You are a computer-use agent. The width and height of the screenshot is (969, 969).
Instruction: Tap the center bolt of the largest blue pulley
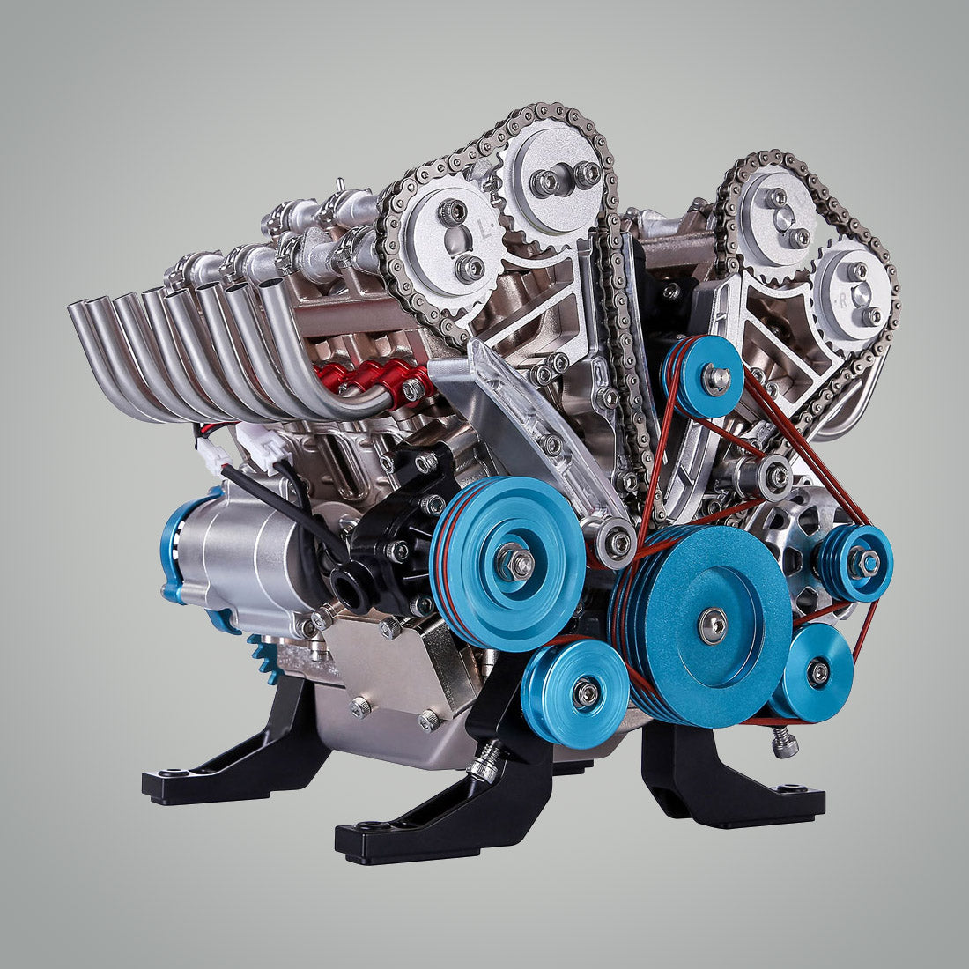click(712, 625)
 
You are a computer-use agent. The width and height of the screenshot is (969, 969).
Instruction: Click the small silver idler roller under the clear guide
click(616, 541)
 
